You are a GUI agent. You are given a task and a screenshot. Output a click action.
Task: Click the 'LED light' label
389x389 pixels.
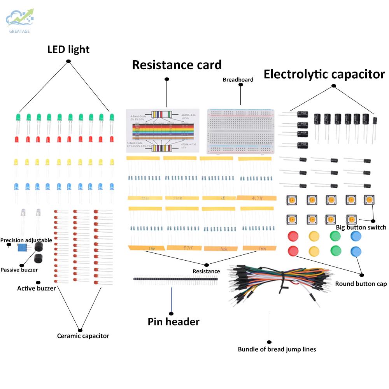68,49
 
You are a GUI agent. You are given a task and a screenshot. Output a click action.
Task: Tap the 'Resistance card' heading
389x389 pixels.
177,65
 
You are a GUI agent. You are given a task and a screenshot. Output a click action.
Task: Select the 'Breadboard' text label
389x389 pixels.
238,80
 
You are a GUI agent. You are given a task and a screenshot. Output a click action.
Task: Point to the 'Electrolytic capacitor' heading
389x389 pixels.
324,74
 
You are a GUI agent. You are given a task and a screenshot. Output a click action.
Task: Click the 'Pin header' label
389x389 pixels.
173,322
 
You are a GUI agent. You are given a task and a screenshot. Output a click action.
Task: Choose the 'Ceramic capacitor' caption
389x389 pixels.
83,336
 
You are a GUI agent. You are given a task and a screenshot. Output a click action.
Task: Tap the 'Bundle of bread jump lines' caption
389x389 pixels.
277,349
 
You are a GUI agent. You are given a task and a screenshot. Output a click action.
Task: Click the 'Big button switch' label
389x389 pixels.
361,227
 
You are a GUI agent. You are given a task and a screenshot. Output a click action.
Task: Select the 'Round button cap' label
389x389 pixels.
361,284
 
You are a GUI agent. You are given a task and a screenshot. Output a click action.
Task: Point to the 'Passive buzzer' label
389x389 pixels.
19,270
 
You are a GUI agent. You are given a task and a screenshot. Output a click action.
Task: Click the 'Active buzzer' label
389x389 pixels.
36,288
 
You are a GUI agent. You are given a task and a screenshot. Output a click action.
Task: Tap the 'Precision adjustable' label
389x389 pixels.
26,240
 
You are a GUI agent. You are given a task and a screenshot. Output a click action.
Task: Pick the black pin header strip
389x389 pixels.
175,279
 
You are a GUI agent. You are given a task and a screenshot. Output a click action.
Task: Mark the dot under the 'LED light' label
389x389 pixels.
68,61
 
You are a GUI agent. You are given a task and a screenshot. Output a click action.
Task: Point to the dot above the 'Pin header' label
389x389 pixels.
171,314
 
